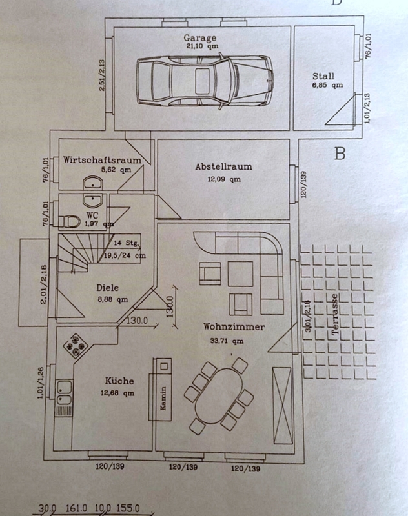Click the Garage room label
pos(198,37)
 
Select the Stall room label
pos(323,75)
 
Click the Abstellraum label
pos(223,166)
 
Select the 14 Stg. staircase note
pos(125,244)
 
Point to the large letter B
pos(340,154)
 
